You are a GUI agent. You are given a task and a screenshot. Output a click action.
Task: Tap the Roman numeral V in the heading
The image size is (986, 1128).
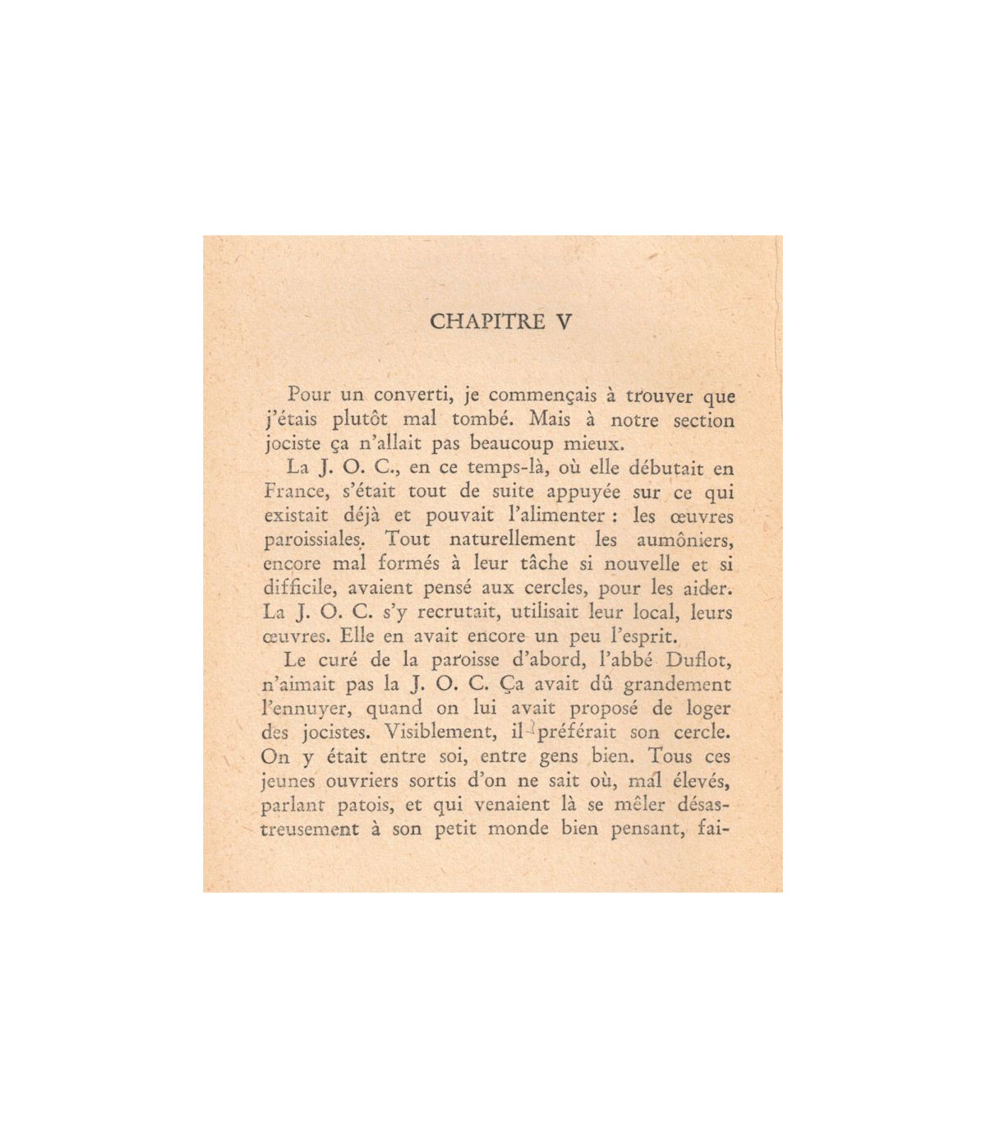tap(563, 321)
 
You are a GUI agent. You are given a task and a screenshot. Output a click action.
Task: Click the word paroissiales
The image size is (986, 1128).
tap(312, 541)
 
